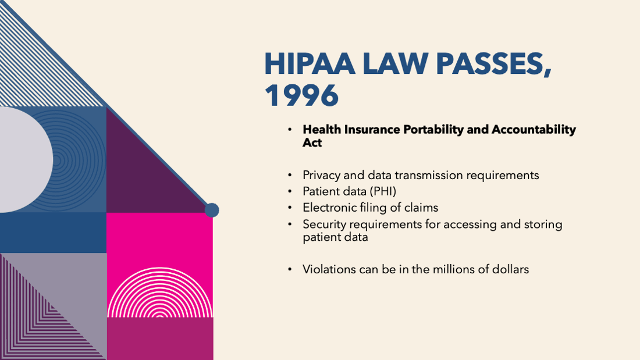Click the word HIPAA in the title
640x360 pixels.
pos(310,63)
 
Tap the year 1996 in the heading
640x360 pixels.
pos(301,96)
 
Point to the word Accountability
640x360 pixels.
pos(534,129)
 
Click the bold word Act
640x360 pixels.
pos(312,142)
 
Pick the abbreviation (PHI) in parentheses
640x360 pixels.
pos(383,191)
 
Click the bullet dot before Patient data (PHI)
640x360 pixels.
pos(290,191)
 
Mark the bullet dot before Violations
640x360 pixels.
pos(290,269)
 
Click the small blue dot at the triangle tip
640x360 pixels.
pos(212,210)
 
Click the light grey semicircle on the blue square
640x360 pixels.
pos(24,159)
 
